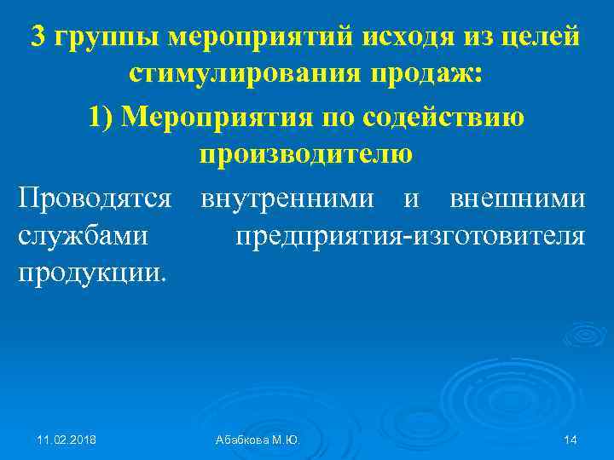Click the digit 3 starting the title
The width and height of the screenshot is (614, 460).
click(38, 37)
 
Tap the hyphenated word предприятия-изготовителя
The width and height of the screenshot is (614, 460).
click(410, 236)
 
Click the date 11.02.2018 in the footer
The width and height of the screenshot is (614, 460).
click(67, 439)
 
